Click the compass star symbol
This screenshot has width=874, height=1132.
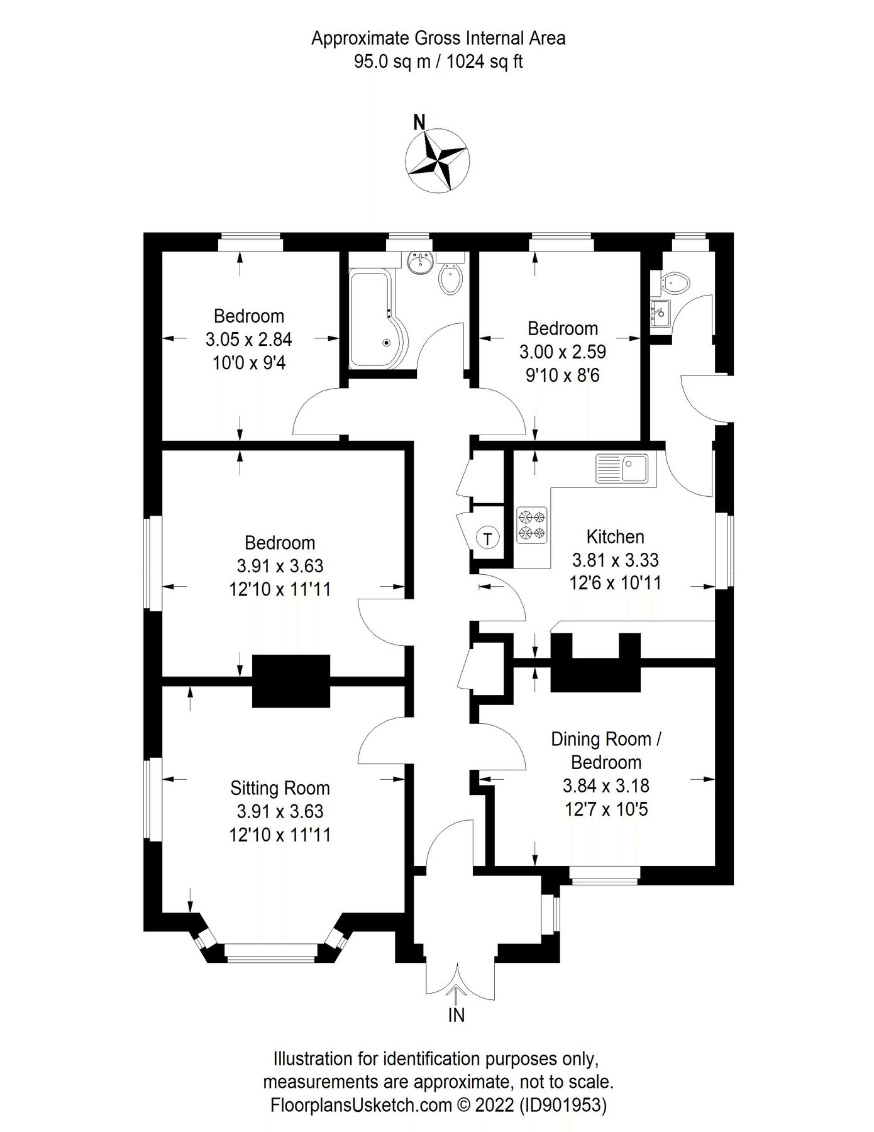click(x=437, y=160)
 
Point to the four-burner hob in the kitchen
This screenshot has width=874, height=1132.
click(x=532, y=525)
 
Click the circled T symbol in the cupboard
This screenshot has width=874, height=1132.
click(x=488, y=538)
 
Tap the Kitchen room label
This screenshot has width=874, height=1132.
click(x=615, y=537)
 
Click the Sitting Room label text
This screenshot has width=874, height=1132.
click(x=280, y=788)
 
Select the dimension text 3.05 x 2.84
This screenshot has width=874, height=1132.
click(x=248, y=340)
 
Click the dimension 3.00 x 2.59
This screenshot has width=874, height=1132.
click(x=562, y=352)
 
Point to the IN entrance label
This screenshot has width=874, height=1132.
click(x=456, y=1015)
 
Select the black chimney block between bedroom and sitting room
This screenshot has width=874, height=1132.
click(x=291, y=681)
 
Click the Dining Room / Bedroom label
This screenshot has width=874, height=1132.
click(x=606, y=750)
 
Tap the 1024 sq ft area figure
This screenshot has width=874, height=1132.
click(x=485, y=62)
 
